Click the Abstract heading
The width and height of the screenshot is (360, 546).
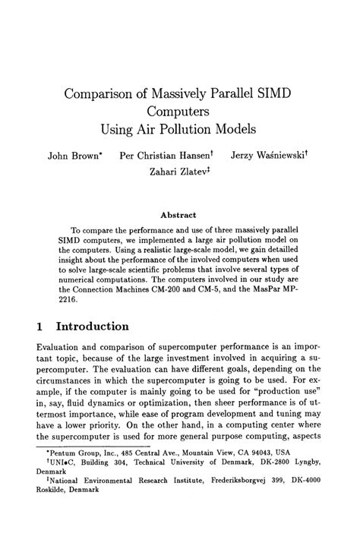(180, 215)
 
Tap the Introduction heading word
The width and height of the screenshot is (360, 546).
(101, 327)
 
